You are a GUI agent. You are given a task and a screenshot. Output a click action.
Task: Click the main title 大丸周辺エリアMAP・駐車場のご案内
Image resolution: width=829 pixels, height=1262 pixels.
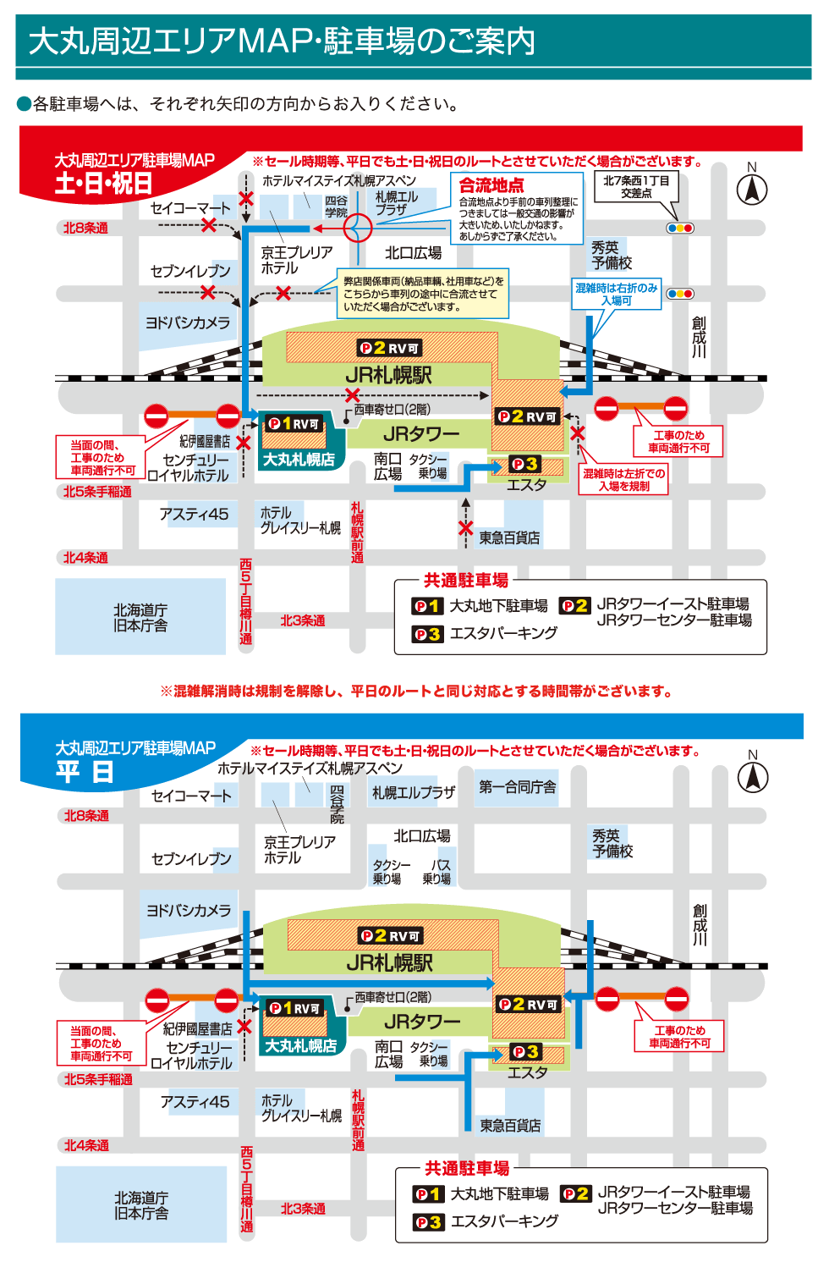click(282, 41)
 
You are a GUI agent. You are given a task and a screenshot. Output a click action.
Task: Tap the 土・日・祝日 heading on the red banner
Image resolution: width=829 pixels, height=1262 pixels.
click(103, 183)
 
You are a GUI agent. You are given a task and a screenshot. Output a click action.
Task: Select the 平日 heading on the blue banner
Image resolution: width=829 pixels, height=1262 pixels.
click(85, 772)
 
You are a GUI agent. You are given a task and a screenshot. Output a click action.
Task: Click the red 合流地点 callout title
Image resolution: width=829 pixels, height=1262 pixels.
click(491, 185)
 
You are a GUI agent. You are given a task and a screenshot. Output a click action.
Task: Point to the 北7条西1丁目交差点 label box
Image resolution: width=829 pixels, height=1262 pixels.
click(636, 187)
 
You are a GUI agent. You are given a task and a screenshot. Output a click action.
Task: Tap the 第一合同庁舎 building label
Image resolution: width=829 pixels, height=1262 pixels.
click(518, 787)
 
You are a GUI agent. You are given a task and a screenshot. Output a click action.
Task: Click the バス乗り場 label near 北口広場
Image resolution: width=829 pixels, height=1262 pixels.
click(437, 872)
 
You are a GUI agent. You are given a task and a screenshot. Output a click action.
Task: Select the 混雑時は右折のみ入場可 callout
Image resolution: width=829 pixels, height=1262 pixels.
click(617, 295)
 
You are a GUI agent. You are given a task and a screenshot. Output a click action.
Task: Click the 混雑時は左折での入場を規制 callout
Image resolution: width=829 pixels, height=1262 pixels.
click(623, 480)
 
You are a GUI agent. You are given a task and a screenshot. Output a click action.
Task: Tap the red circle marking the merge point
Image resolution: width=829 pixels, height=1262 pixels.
click(358, 228)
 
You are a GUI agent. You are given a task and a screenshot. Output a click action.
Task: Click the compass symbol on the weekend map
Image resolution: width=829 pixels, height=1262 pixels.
click(752, 189)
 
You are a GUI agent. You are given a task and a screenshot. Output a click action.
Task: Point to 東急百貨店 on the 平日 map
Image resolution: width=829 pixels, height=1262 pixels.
click(510, 1126)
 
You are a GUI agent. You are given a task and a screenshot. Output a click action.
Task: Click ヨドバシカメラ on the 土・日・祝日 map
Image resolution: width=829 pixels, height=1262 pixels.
click(188, 323)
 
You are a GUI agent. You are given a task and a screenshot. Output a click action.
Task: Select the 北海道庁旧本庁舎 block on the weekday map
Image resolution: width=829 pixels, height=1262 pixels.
click(141, 1206)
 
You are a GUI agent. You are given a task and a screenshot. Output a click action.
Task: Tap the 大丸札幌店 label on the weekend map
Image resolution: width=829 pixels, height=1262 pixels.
click(299, 460)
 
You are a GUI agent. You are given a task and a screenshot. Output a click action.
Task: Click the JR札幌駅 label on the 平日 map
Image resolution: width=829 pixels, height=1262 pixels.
click(389, 963)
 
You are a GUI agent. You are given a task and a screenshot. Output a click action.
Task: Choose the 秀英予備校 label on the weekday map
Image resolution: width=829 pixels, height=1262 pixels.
click(612, 844)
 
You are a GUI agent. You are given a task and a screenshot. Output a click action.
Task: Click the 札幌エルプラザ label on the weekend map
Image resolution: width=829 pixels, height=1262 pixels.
click(397, 203)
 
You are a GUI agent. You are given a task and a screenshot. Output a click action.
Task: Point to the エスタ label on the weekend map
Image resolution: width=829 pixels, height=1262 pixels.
click(526, 485)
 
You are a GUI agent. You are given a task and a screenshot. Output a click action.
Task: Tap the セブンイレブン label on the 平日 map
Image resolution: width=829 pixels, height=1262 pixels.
click(191, 859)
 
